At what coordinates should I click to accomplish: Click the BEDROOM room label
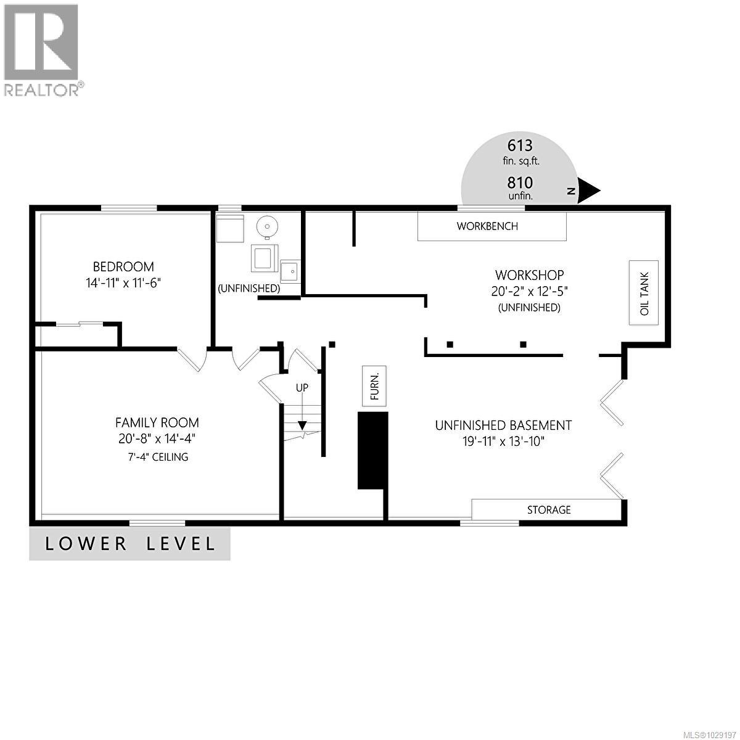[123, 267]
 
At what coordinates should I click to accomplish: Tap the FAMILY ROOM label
[157, 423]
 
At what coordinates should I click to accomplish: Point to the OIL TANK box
[644, 293]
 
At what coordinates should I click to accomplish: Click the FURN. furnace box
[374, 386]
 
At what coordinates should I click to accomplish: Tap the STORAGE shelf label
[548, 510]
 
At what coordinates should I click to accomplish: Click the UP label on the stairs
[302, 388]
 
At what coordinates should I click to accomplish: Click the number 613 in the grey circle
[520, 146]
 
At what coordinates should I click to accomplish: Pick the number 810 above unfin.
[520, 183]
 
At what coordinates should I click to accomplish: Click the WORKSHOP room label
[529, 275]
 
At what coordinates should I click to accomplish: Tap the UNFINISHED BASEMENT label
[503, 425]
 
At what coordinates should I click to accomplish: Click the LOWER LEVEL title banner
[130, 544]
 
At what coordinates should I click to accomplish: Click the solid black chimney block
[372, 451]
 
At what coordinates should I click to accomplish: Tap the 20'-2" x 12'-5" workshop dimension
[529, 291]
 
